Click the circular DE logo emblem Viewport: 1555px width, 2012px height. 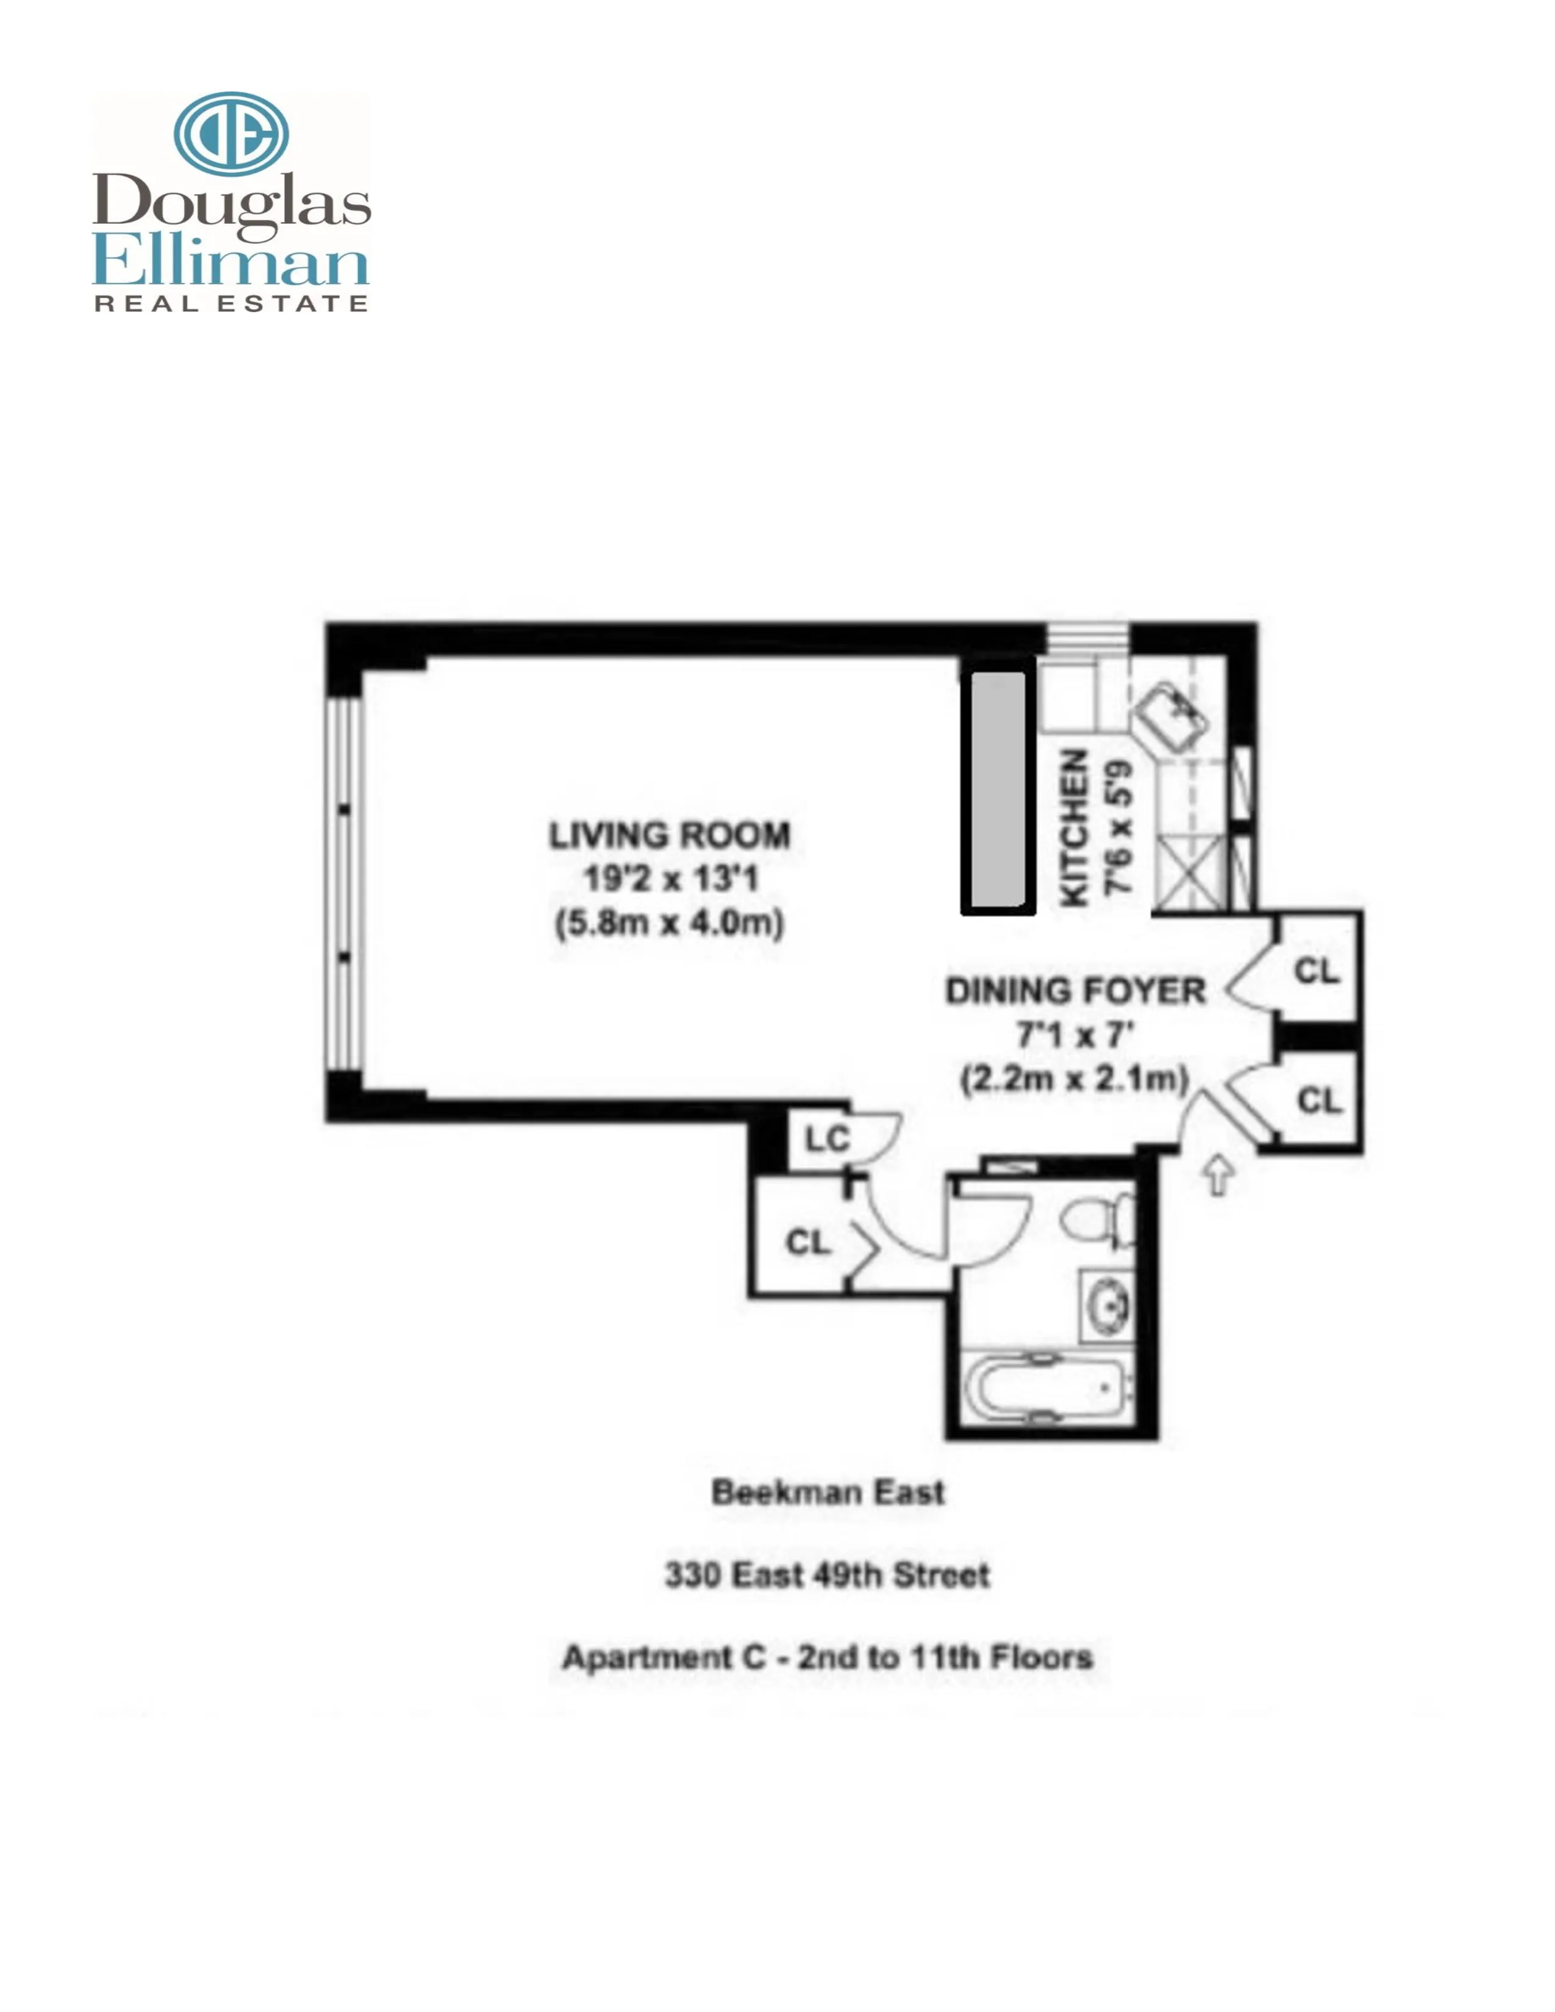point(231,134)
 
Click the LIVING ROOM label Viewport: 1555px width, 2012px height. point(670,835)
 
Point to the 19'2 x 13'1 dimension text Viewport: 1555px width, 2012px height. point(670,878)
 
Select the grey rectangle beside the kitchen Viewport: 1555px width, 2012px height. point(998,791)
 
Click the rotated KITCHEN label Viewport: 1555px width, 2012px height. point(1075,827)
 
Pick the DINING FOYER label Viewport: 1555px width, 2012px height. point(1075,991)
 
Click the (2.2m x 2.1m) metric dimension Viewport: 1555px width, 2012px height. point(1075,1078)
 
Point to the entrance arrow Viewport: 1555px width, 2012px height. point(1219,1175)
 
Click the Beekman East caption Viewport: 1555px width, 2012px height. point(828,1493)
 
